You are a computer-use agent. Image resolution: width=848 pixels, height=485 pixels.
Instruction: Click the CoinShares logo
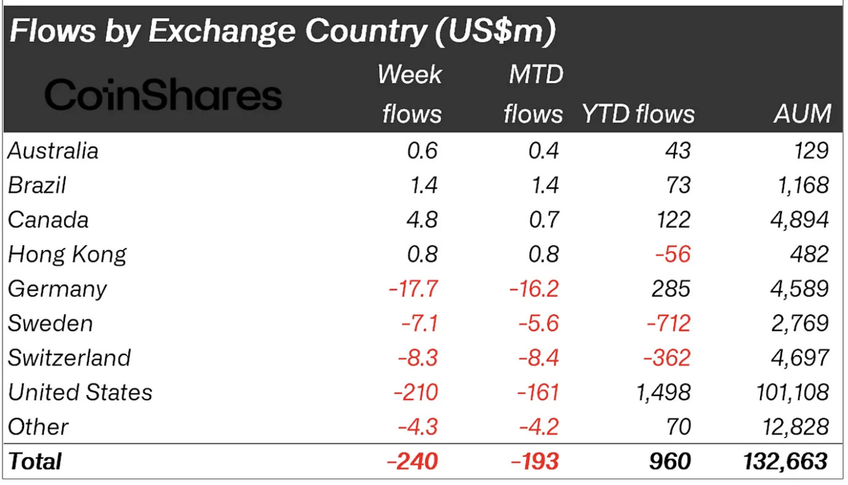coord(163,97)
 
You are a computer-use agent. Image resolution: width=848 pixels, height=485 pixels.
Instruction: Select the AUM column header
coord(802,114)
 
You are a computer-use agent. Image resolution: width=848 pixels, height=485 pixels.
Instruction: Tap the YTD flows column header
coord(638,114)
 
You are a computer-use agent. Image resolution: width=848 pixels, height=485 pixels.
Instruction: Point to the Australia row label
coord(53,151)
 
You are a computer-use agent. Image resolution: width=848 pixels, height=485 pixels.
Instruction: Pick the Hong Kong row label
coord(67,254)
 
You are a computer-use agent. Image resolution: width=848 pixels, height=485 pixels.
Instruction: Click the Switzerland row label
coord(69,358)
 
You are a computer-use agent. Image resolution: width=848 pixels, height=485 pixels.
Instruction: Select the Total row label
coord(35,461)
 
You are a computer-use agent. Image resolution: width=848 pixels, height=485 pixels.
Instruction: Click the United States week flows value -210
coord(413,392)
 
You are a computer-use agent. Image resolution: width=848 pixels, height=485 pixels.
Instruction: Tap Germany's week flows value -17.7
coord(413,289)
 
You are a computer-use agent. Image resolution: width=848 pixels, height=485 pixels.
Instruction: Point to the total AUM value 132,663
coord(785,461)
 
